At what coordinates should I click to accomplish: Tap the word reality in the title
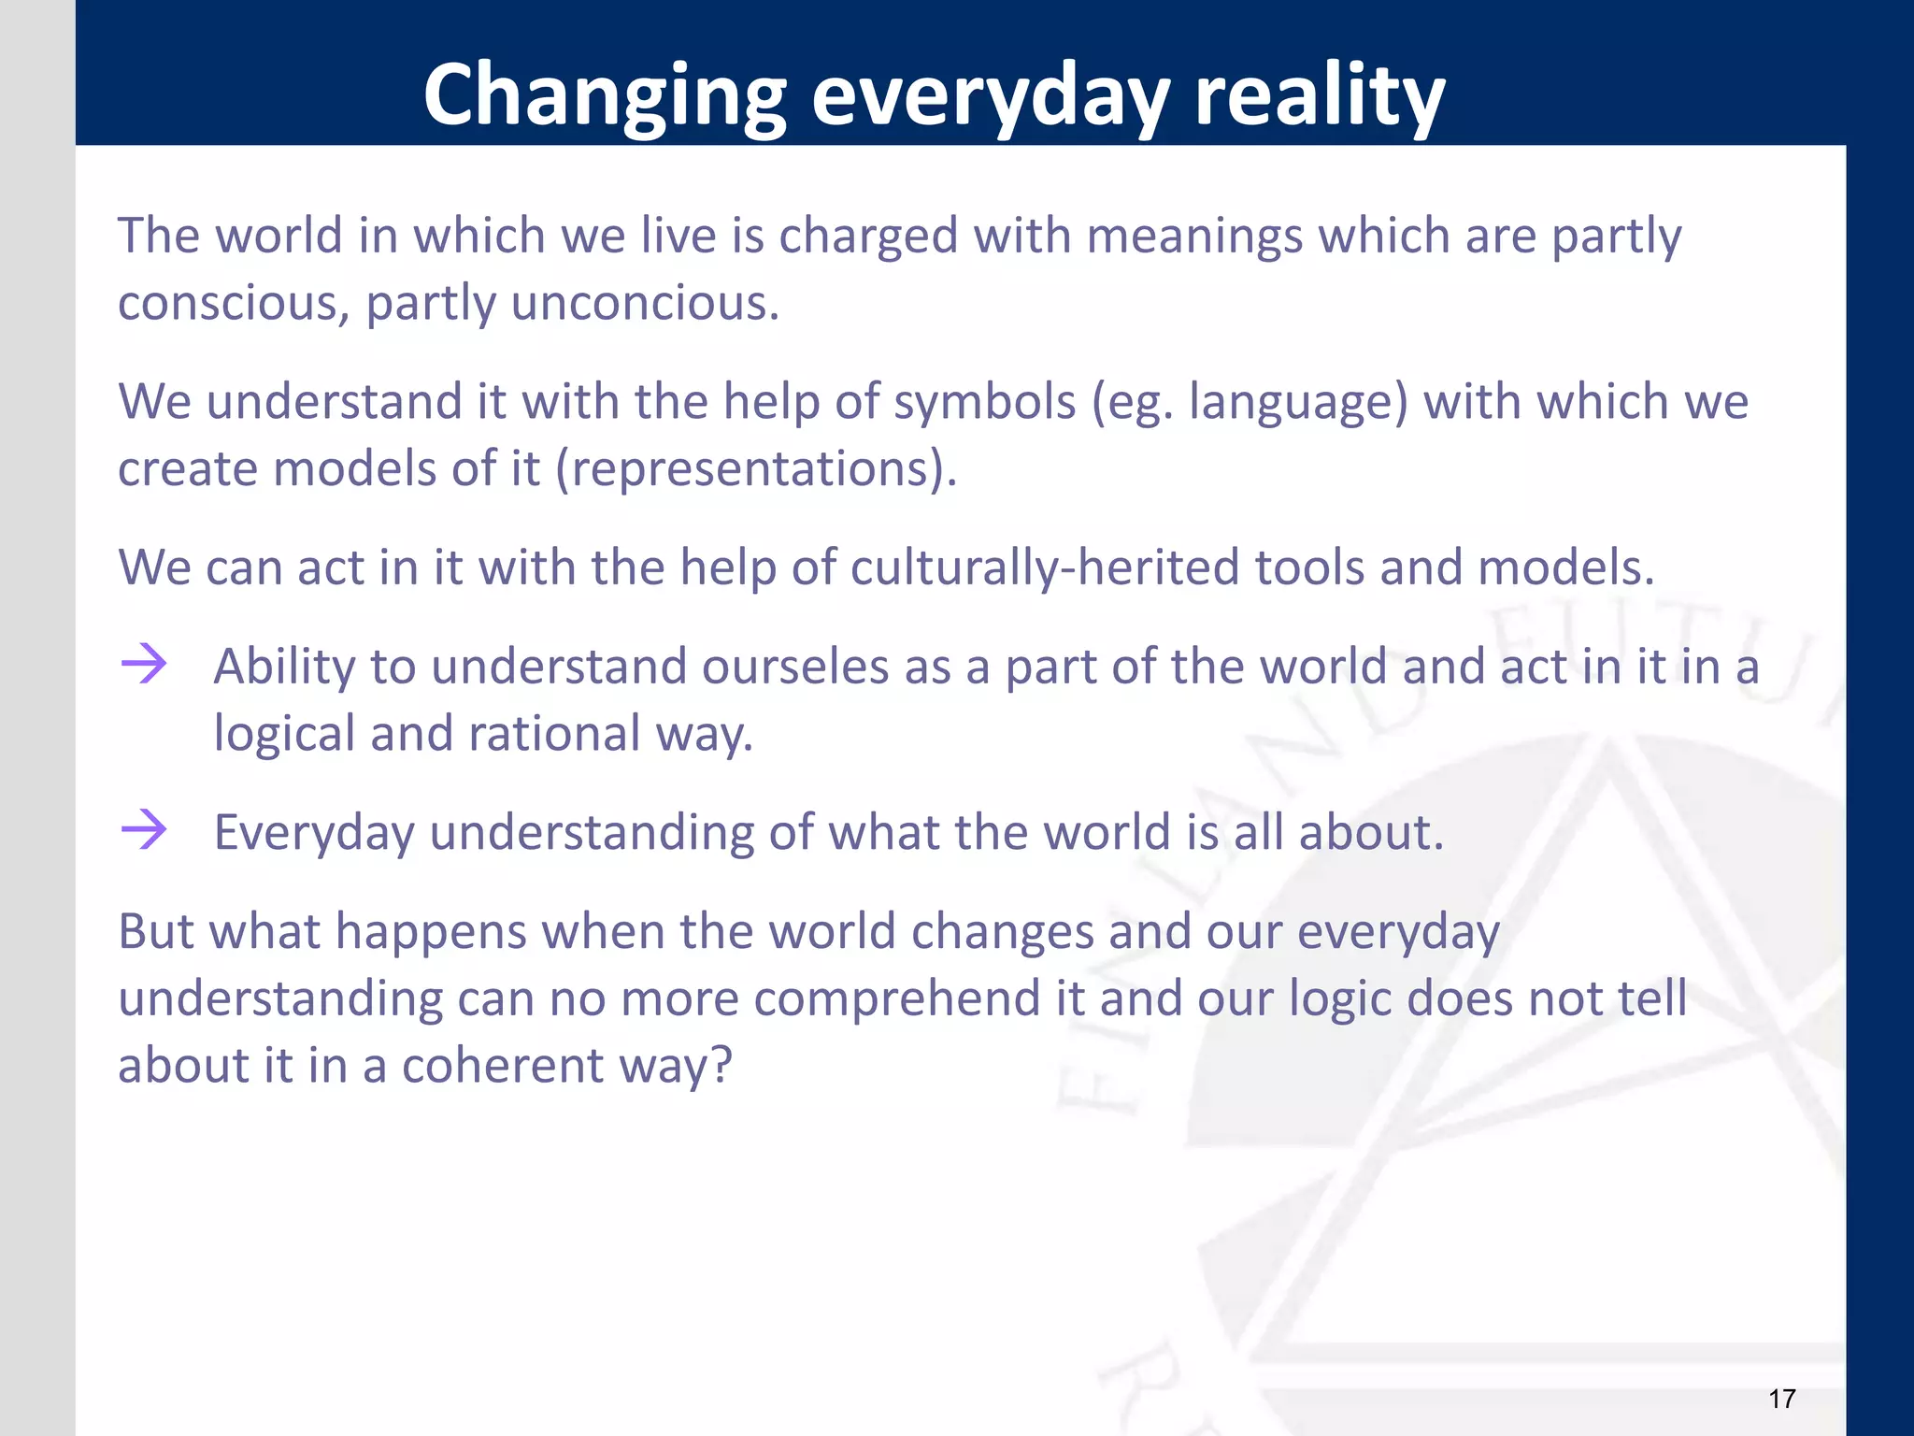pyautogui.click(x=1320, y=96)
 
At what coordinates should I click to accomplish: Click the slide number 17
pyautogui.click(x=1781, y=1399)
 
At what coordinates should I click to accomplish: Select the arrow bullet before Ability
pyautogui.click(x=144, y=665)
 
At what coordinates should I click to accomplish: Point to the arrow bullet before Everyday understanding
pyautogui.click(x=144, y=829)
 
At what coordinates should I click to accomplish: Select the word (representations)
pyautogui.click(x=756, y=468)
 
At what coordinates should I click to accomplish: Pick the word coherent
pyautogui.click(x=503, y=1066)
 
